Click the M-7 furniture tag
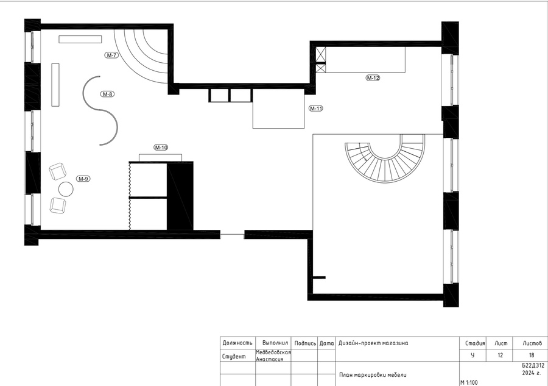pos(111,55)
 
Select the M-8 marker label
pos(107,94)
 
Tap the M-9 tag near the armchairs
pos(83,179)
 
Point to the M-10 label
pos(161,148)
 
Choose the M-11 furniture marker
pos(316,109)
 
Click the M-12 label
pos(373,77)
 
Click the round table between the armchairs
pos(66,189)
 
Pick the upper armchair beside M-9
pos(57,171)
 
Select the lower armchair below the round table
pos(58,206)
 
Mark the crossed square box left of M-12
pos(320,54)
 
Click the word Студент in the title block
pos(234,357)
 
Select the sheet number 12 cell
pos(500,355)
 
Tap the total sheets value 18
pos(532,355)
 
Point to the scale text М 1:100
pos(469,382)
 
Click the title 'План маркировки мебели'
pos(373,375)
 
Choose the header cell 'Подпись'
pos(305,343)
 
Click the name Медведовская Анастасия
pos(273,356)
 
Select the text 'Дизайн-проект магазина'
pos(373,343)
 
